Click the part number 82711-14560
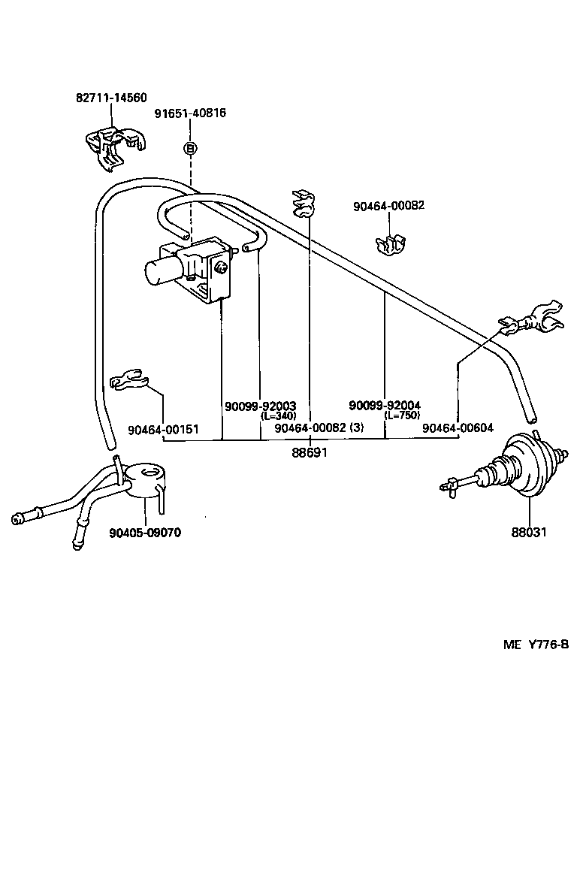coord(111,98)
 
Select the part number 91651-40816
coord(190,113)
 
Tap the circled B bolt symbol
coord(190,149)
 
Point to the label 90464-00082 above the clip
coord(388,205)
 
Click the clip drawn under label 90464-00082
coord(390,243)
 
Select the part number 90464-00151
coord(163,430)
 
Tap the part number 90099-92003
coord(260,406)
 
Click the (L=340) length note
coord(278,416)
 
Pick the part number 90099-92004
coord(384,406)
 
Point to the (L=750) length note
coord(402,415)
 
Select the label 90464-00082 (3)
coord(319,427)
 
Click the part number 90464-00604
coord(458,427)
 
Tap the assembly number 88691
coord(310,453)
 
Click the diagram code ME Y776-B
coord(536,645)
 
